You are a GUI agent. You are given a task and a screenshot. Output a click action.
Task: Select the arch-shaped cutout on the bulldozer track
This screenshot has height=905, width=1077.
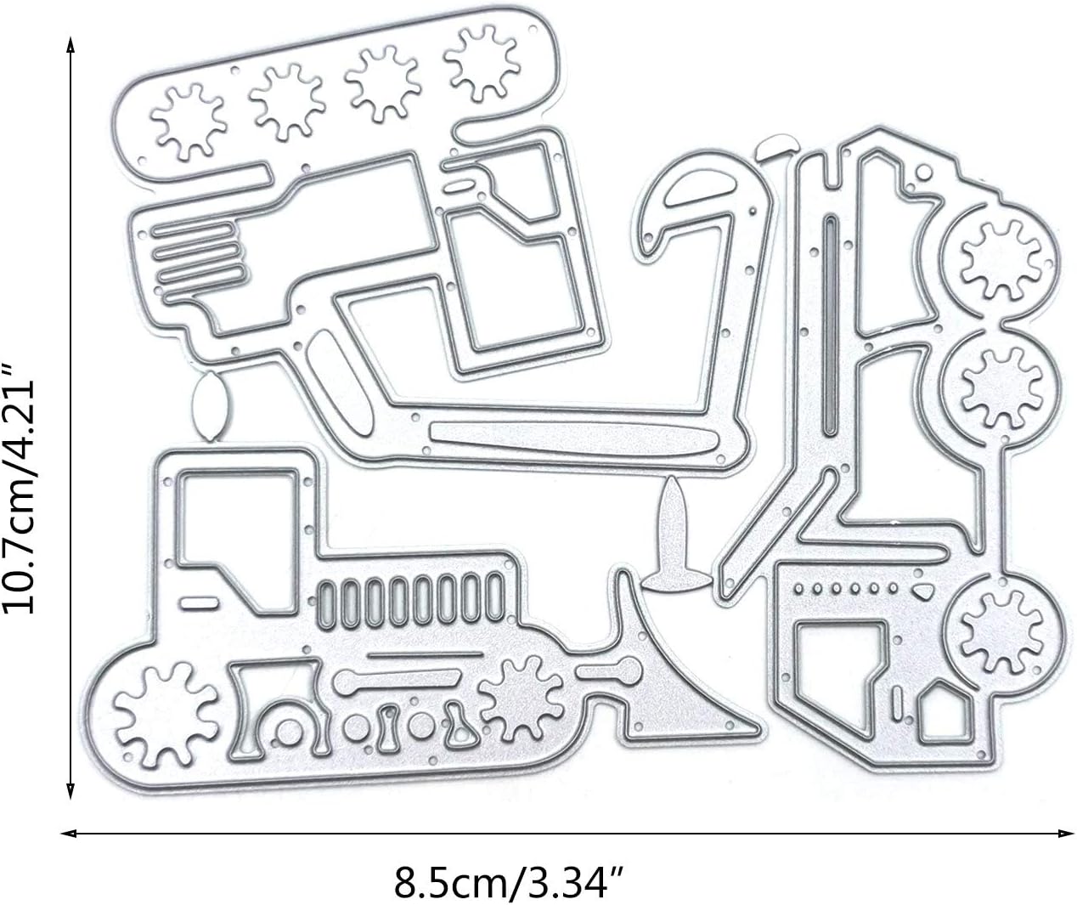[x=279, y=710]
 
